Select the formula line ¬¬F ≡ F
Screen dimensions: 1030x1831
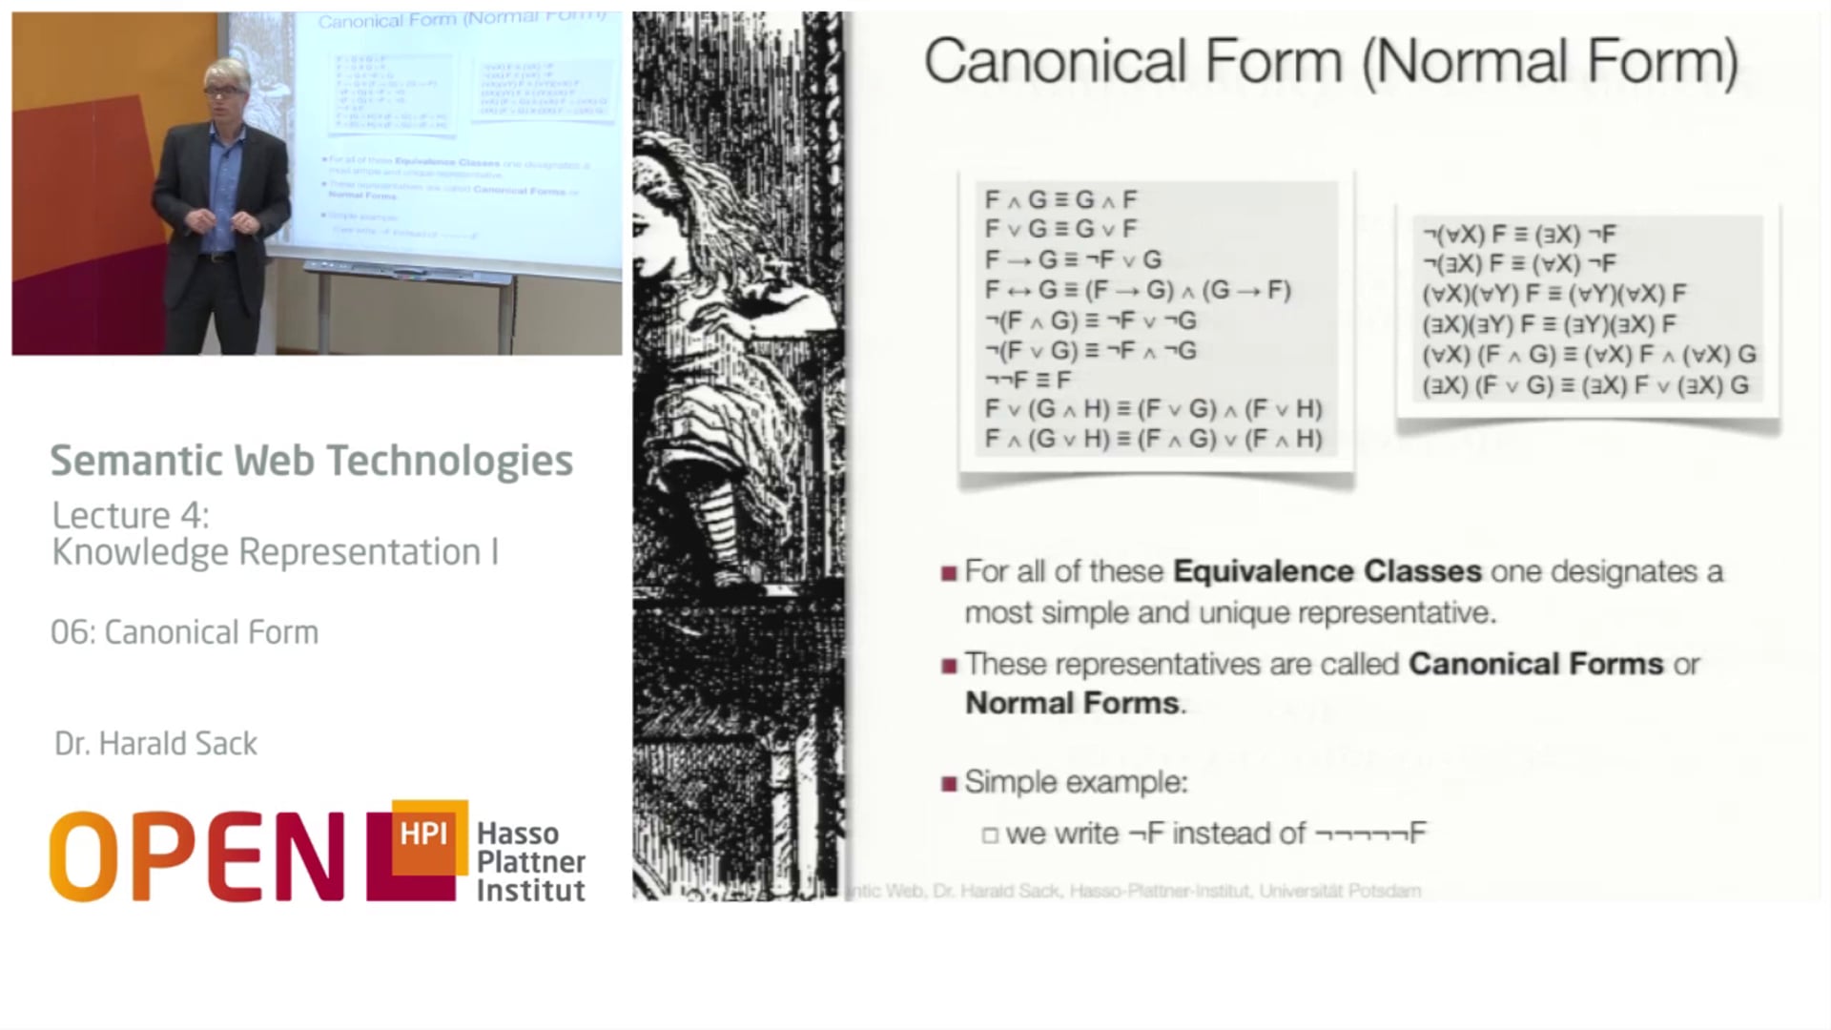pyautogui.click(x=1028, y=380)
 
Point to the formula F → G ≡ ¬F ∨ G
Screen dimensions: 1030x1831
pyautogui.click(x=1073, y=259)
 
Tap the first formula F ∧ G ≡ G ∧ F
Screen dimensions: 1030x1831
pyautogui.click(x=1060, y=200)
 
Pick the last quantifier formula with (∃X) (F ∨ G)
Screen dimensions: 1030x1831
pyautogui.click(x=1585, y=385)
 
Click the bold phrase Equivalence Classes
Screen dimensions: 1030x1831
pyautogui.click(x=1327, y=571)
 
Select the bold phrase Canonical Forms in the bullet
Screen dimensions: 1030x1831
pyautogui.click(x=1535, y=664)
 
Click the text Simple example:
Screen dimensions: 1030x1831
pyautogui.click(x=1076, y=783)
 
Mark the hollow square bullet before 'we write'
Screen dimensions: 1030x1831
pyautogui.click(x=990, y=835)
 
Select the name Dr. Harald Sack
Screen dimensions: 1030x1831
pyautogui.click(x=155, y=744)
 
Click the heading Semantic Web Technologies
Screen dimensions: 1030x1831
pyautogui.click(x=311, y=461)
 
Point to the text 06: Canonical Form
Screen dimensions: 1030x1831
pyautogui.click(x=184, y=632)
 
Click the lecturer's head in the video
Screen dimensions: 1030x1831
pyautogui.click(x=227, y=88)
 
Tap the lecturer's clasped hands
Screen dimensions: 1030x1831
pyautogui.click(x=221, y=221)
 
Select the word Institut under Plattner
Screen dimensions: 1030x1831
pyautogui.click(x=531, y=891)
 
